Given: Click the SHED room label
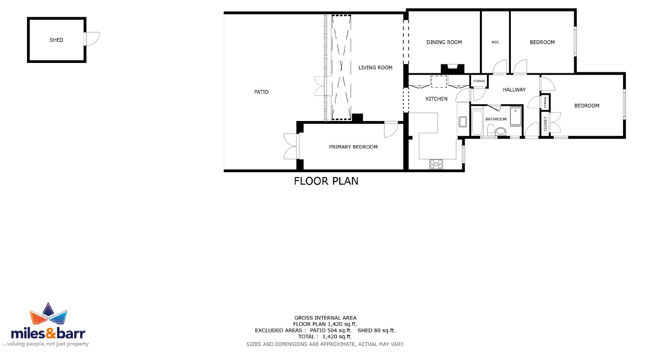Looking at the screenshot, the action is (56, 40).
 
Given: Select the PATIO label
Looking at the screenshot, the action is (262, 92).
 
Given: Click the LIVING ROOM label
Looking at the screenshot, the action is (375, 67).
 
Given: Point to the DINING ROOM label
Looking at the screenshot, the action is (444, 42).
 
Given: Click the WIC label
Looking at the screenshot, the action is (495, 42).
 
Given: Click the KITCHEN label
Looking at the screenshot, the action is (436, 99).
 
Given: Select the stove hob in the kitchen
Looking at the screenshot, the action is (436, 164).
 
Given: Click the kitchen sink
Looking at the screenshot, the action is (463, 121).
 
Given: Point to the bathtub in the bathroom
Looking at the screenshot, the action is (477, 122).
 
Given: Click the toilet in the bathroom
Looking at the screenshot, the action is (498, 130).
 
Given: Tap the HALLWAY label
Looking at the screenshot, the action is (514, 90).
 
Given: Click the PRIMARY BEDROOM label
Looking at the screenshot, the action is (353, 147).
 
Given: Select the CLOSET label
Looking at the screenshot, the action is (545, 124).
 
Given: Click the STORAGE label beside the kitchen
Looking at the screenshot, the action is (479, 81).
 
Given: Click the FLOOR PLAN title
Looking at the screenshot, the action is (326, 181).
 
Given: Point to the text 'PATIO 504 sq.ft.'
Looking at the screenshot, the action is (330, 330).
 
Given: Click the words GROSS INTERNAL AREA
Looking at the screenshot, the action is (325, 318).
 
